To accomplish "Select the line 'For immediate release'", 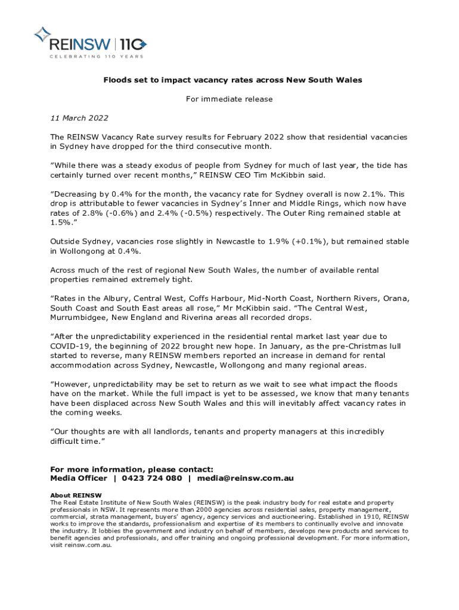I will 229,99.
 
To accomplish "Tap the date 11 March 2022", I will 79,118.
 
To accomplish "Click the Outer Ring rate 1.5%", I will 59,222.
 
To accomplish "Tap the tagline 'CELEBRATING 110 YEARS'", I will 88,57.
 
